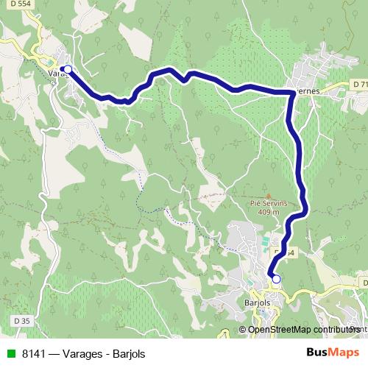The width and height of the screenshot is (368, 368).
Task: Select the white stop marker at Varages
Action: [67, 69]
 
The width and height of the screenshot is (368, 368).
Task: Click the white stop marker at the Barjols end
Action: [276, 279]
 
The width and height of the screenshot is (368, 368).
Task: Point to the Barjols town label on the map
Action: [258, 302]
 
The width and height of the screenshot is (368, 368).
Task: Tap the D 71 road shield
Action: [359, 85]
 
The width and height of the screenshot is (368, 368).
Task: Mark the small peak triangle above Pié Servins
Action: [269, 194]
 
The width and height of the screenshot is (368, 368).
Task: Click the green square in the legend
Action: [9, 353]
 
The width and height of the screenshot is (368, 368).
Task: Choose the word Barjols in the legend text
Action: [130, 353]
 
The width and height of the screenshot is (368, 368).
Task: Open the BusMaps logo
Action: [331, 353]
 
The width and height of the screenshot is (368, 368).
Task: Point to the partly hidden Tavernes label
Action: [306, 91]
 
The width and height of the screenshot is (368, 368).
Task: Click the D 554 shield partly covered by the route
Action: [288, 252]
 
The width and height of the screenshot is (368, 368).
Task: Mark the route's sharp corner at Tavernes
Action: [288, 92]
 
